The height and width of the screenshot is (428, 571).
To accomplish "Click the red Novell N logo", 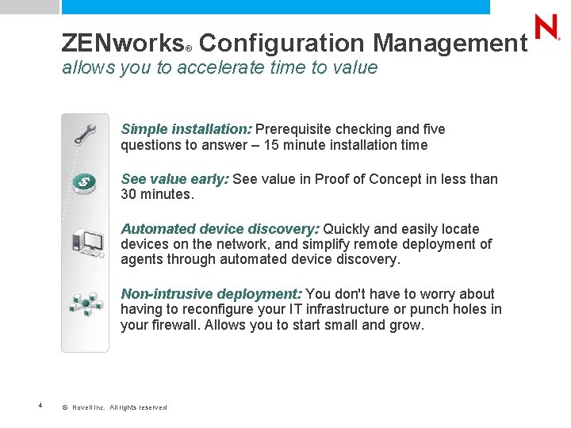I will [546, 28].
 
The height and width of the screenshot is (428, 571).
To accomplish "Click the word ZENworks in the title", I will [122, 42].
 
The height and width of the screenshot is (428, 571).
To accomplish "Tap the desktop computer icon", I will [86, 243].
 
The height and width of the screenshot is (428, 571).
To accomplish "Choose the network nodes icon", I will [85, 303].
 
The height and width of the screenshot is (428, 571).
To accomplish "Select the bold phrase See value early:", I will [174, 179].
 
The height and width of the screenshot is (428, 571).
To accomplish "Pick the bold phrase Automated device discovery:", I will [220, 229].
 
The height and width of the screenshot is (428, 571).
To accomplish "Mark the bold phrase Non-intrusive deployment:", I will [211, 294].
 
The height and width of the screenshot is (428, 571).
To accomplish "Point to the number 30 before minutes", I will [128, 194].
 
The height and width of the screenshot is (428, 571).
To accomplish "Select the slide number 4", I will [40, 407].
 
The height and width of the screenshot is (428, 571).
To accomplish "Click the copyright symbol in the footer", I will [65, 407].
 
